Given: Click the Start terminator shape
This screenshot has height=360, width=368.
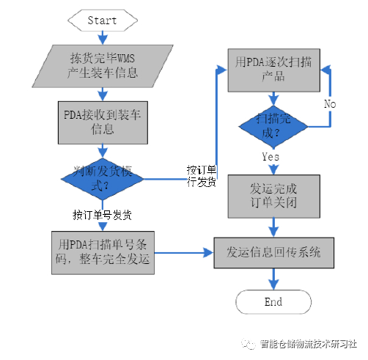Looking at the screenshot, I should click(102, 20).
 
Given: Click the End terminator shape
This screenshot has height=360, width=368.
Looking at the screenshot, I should click(273, 302).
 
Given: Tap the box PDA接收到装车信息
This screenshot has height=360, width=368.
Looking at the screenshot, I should click(102, 120).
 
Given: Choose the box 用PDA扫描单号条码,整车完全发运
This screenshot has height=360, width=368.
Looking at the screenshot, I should click(103, 253).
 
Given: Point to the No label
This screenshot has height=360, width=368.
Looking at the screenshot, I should click(330, 104).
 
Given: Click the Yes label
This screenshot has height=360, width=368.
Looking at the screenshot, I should click(270, 157).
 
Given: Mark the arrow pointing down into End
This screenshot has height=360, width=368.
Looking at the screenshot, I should click(273, 278).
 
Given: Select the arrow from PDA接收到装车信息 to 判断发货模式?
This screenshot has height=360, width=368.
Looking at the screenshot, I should click(102, 151).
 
